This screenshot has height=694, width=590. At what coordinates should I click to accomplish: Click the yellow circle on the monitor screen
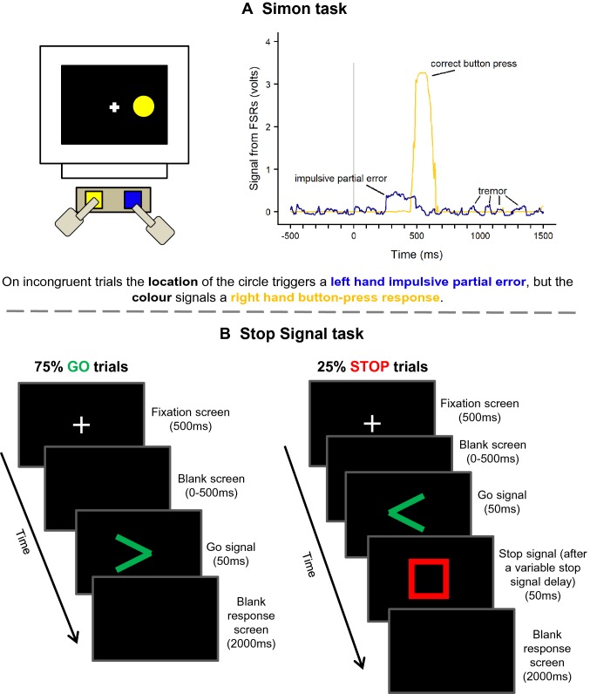(144, 106)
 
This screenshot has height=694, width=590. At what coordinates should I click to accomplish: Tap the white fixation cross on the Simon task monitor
(113, 107)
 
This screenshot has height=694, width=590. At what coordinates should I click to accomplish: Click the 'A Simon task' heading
(295, 10)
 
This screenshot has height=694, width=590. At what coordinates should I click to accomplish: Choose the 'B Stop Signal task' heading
(295, 333)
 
